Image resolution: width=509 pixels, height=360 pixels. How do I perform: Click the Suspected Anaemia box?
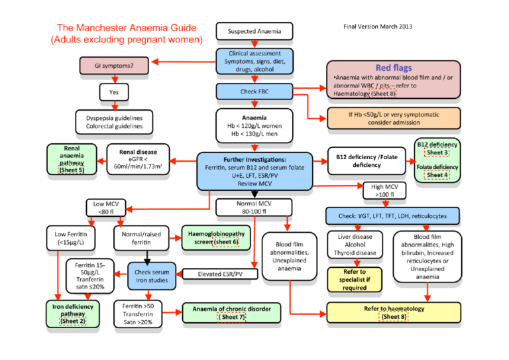click(254, 31)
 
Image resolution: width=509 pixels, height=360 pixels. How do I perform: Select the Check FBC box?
click(254, 90)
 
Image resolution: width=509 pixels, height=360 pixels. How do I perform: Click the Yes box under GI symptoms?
click(114, 92)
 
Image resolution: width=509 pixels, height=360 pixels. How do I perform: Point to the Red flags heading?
click(393, 68)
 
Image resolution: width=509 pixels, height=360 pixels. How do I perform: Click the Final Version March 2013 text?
click(378, 27)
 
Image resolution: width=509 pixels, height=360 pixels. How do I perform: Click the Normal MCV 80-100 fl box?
click(254, 208)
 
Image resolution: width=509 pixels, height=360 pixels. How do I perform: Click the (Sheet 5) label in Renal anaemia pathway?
click(72, 170)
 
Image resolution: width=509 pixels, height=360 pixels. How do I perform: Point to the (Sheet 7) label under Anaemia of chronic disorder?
click(233, 317)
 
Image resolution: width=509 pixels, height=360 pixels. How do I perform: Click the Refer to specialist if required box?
click(355, 280)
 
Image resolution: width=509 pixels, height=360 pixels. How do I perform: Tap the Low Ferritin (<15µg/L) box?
click(72, 237)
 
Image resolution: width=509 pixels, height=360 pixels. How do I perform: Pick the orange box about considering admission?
click(393, 118)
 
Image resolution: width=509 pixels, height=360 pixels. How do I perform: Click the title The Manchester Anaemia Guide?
click(126, 28)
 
